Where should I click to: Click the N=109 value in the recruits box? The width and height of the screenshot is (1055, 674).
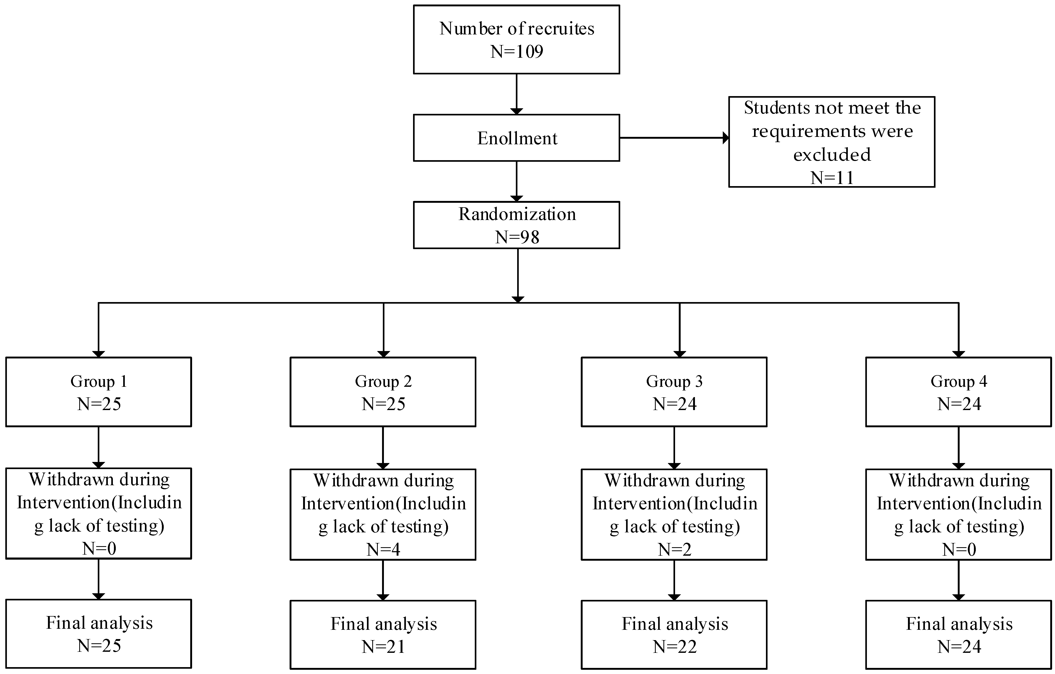click(517, 52)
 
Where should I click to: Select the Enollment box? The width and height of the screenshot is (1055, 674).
click(517, 138)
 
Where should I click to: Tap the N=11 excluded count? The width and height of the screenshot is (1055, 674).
click(832, 178)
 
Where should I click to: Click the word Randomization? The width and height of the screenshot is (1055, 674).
click(517, 214)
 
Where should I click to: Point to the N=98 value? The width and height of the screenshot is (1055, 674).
click(517, 237)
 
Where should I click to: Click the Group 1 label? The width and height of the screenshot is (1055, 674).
click(99, 381)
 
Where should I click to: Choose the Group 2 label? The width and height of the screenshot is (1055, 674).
click(383, 381)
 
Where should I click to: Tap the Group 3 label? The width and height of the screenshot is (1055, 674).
click(674, 381)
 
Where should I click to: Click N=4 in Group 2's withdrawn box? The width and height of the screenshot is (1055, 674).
click(383, 549)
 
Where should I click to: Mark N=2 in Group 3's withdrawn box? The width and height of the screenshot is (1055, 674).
click(674, 549)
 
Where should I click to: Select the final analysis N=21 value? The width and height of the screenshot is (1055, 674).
click(383, 646)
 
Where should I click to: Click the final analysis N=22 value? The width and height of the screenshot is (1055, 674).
click(674, 646)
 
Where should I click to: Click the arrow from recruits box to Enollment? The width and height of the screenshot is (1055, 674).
click(517, 94)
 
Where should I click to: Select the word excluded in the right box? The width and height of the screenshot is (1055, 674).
click(832, 155)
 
